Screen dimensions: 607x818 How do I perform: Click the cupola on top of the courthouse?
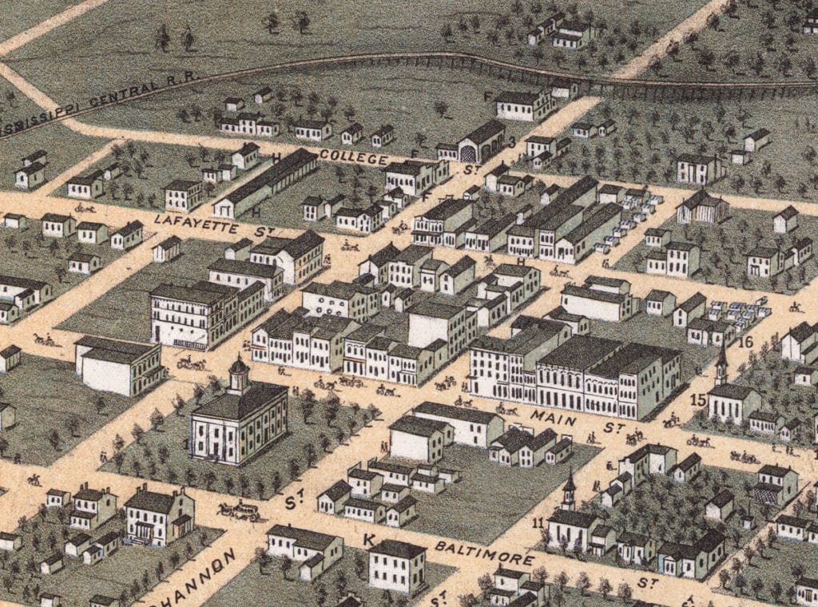click(238, 374)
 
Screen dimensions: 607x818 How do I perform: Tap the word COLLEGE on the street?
click(353, 157)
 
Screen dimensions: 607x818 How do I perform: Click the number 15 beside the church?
click(698, 399)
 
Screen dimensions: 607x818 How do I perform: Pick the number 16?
click(746, 343)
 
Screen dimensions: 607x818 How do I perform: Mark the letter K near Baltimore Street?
click(369, 541)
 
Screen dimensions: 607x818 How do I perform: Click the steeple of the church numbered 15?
click(721, 363)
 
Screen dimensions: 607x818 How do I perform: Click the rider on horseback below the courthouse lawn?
click(34, 480)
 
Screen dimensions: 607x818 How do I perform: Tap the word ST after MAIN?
click(613, 428)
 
